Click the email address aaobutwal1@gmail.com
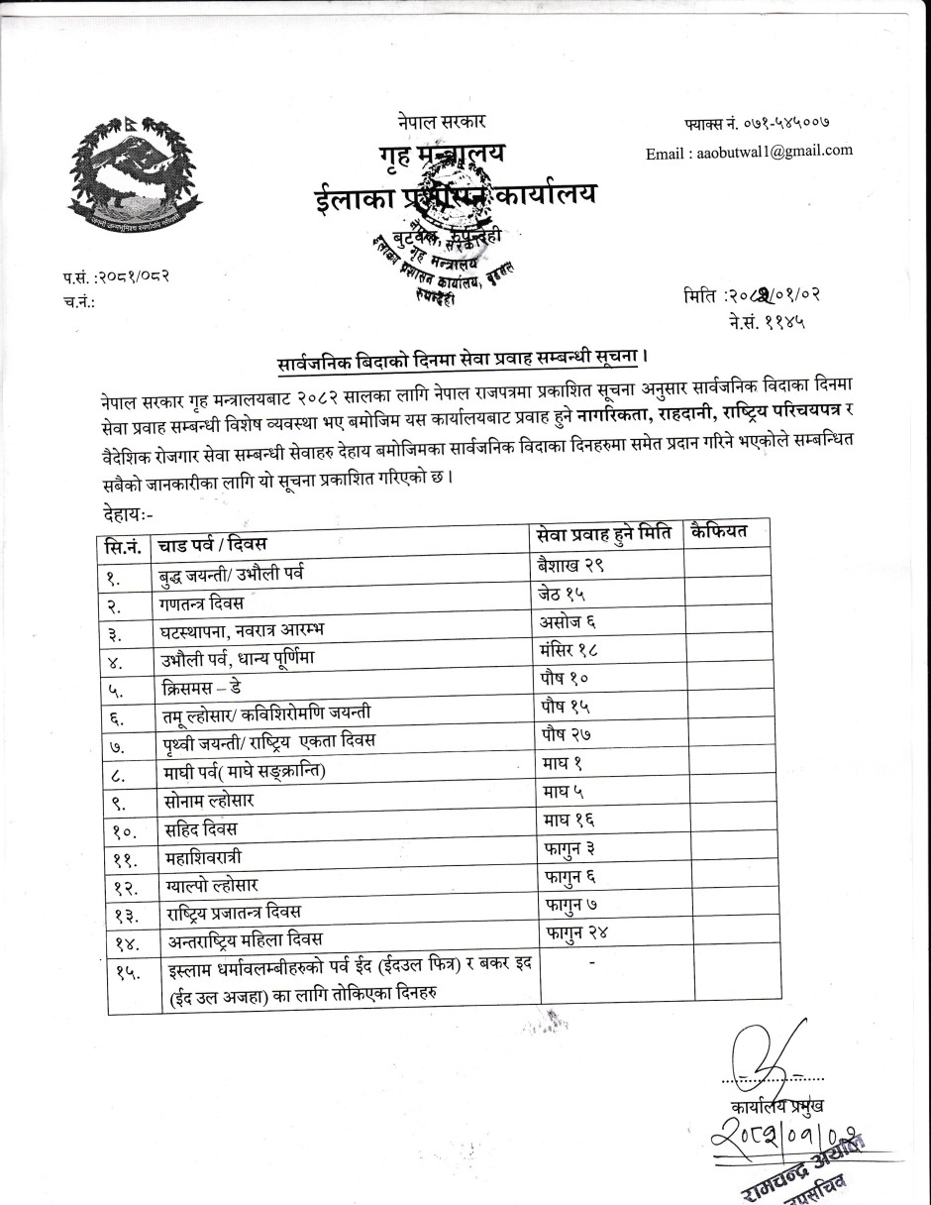coord(749,152)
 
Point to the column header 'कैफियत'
coord(720,531)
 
